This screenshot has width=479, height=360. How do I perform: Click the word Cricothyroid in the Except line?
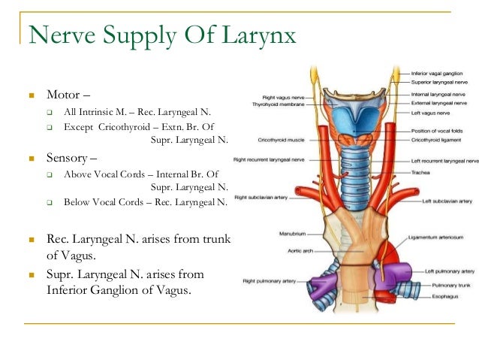tap(124, 126)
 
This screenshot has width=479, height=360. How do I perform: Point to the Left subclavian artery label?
tap(447, 201)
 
